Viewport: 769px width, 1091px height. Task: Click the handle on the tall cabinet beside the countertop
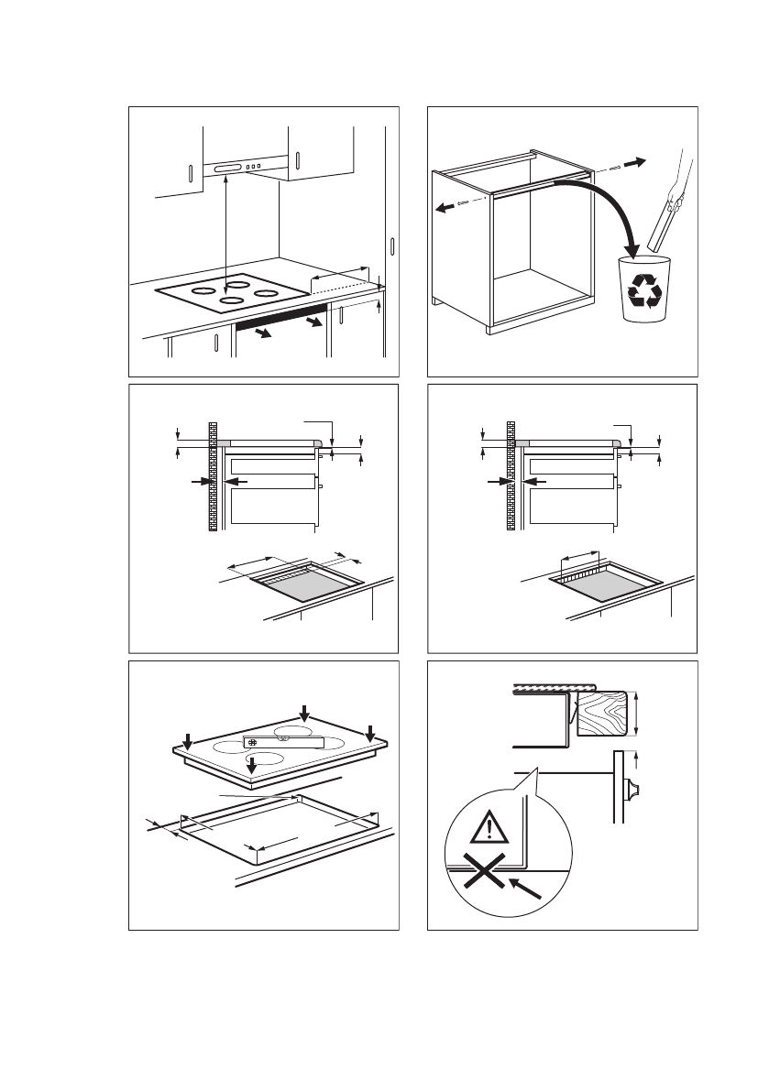pos(392,246)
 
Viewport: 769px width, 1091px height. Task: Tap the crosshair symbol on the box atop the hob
pos(251,743)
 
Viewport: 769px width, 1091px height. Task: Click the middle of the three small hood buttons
pos(256,167)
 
